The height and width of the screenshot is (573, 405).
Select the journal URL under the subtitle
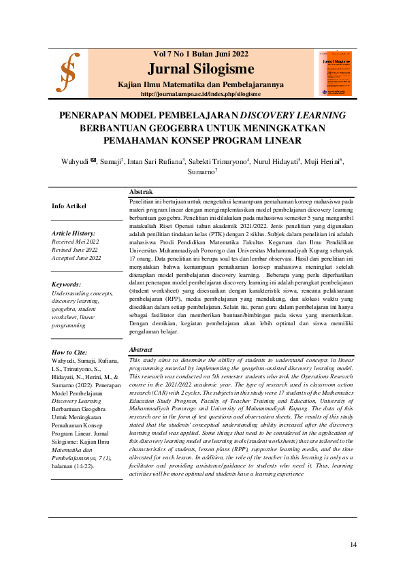tap(200, 94)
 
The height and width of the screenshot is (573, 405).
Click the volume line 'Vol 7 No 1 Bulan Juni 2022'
tap(200, 54)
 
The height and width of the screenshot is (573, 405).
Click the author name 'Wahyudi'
tap(76, 161)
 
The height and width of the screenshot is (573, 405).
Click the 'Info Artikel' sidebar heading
tap(69, 206)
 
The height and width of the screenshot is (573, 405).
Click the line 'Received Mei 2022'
tap(76, 242)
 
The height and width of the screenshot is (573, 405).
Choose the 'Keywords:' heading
tap(66, 284)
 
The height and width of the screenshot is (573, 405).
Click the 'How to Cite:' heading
tap(70, 352)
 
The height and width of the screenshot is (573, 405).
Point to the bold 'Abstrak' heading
tap(141, 192)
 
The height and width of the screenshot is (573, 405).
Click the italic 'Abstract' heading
tap(142, 350)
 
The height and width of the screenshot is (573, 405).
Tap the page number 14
tap(353, 544)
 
